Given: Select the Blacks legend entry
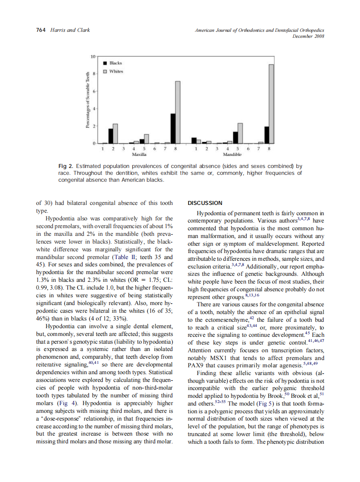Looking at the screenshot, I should (116, 63).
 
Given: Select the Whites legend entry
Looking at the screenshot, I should (116, 71).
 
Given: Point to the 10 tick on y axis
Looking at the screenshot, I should (93, 57).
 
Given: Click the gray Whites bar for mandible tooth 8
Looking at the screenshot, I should (271, 104).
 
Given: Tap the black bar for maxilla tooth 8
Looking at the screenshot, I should (173, 128).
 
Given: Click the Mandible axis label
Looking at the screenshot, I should (232, 154).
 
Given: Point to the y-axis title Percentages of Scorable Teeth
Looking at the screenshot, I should (87, 100).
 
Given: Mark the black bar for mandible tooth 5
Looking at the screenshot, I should (235, 137).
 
